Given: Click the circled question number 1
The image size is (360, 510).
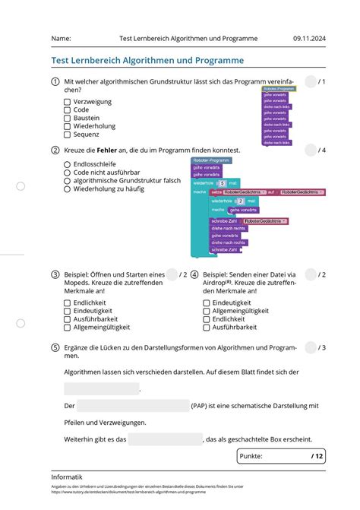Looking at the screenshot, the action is (x=55, y=81).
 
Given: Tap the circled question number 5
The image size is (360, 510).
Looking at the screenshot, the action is (x=55, y=347).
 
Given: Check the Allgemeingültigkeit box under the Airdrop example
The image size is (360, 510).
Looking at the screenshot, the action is (x=207, y=311).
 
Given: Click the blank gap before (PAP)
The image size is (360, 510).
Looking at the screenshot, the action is (x=133, y=406).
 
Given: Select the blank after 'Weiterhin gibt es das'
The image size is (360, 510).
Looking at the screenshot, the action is (x=165, y=439).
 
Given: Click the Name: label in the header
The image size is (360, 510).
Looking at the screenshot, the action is (x=61, y=38).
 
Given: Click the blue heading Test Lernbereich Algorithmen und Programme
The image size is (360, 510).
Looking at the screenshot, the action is (x=147, y=60).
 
